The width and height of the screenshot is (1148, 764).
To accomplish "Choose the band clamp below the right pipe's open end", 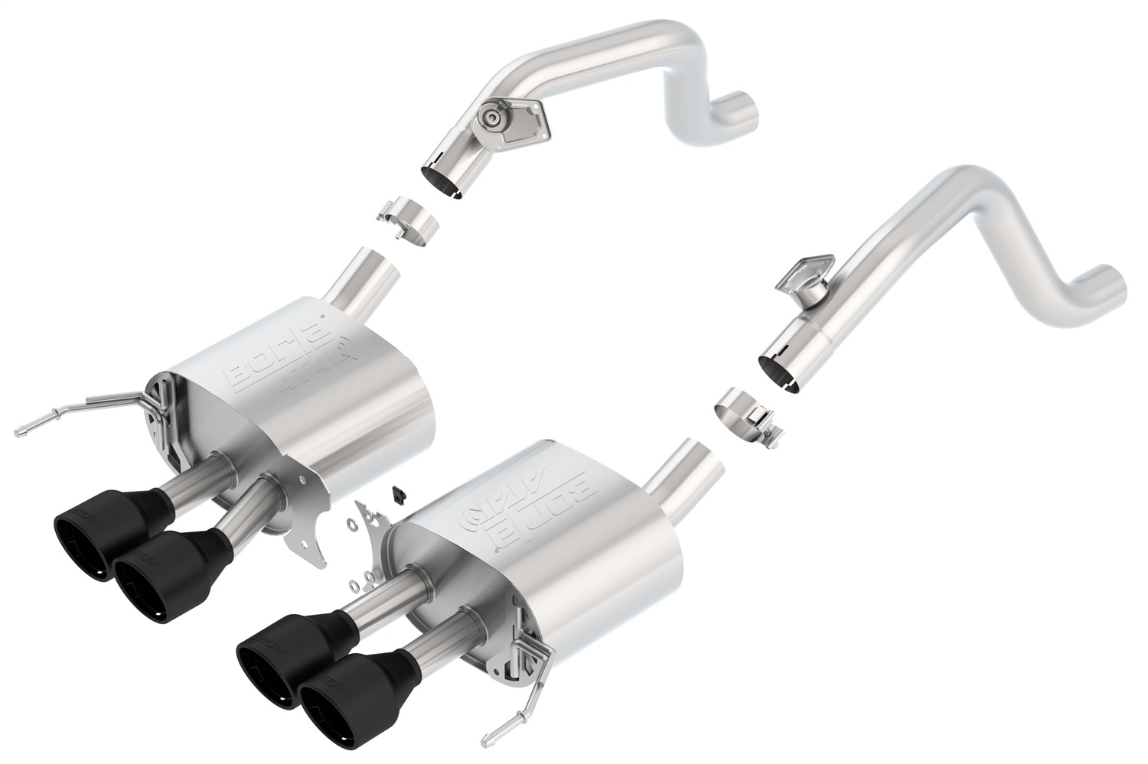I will pos(744,415).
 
